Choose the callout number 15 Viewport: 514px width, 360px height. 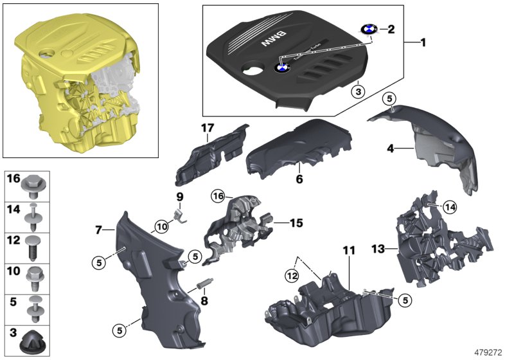296,224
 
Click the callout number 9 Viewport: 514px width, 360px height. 180,196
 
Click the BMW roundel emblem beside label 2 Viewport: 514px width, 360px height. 369,30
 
